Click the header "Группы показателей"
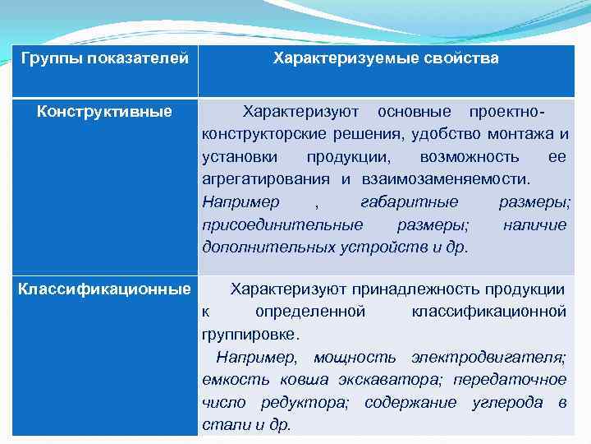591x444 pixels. tap(104, 59)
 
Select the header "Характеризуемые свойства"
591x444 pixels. tap(386, 59)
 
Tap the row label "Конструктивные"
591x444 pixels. tap(104, 111)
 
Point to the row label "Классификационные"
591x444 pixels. tap(104, 289)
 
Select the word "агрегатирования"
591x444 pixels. tap(266, 179)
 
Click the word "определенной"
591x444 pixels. tap(310, 312)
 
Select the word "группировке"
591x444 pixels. tap(250, 335)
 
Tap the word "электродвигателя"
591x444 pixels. tap(488, 358)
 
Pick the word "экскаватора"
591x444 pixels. tap(384, 380)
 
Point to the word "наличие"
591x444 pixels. tap(534, 224)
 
